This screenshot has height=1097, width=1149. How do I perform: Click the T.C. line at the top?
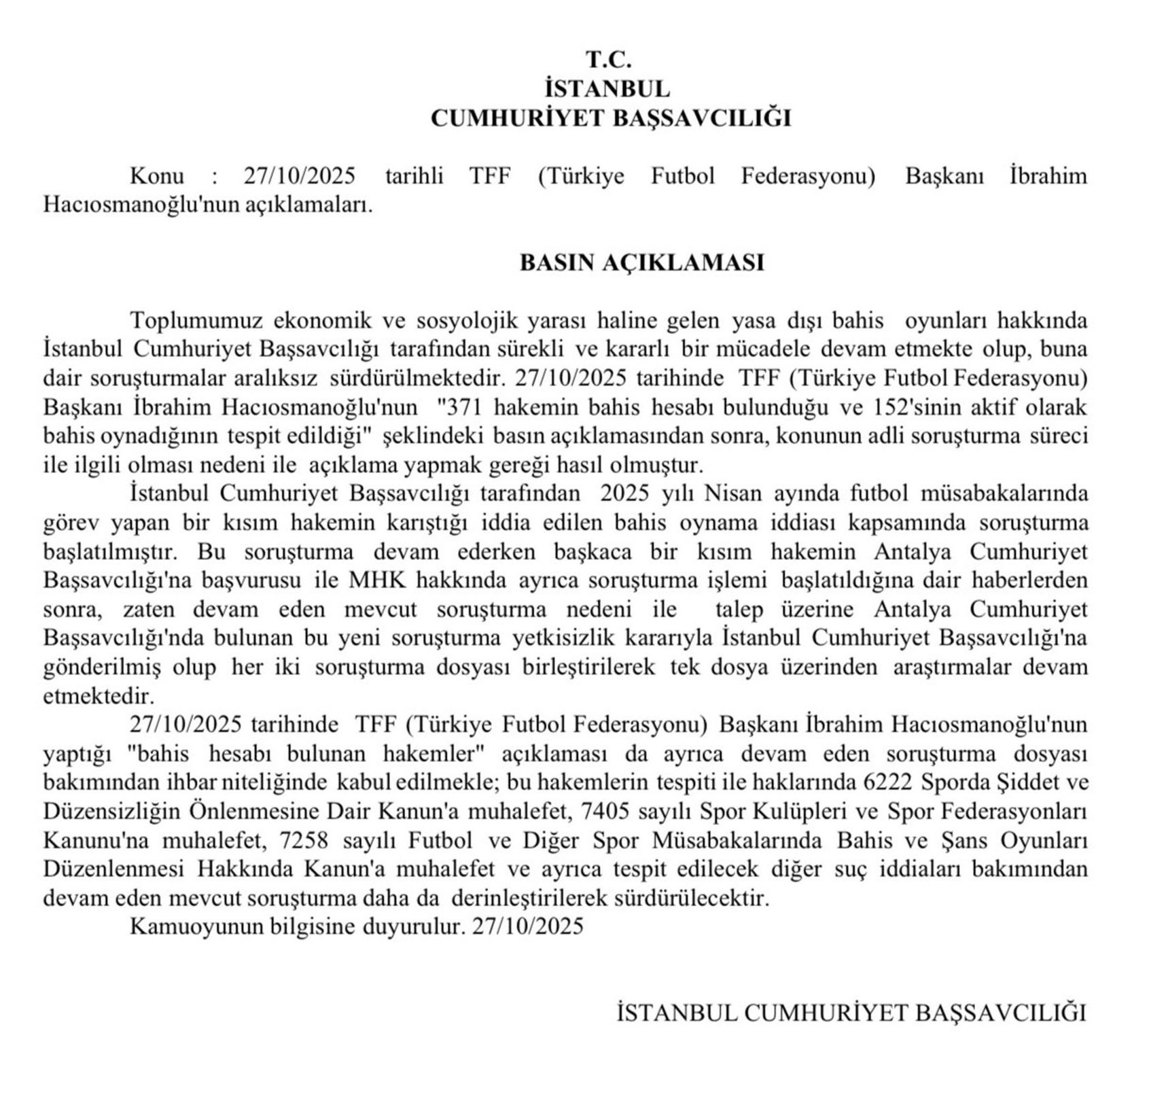pyautogui.click(x=609, y=60)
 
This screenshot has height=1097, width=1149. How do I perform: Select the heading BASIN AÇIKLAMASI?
pyautogui.click(x=641, y=262)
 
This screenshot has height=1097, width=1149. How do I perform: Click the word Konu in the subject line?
pyautogui.click(x=157, y=176)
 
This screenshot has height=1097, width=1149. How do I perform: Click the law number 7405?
pyautogui.click(x=598, y=811)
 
